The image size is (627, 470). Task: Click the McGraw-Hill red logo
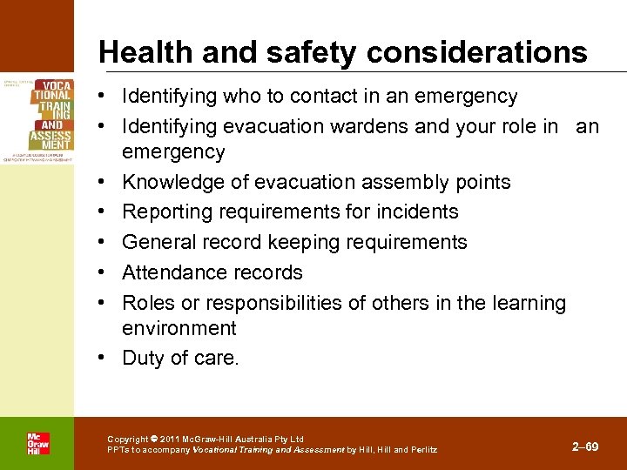tap(37, 443)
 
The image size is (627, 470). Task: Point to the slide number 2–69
tap(585, 446)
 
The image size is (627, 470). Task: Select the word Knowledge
tap(170, 182)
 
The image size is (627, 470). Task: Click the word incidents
tap(416, 211)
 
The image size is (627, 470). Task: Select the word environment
tap(179, 329)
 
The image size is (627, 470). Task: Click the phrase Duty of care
tap(180, 358)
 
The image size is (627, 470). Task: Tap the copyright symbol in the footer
tap(154, 440)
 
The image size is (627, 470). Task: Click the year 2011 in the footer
tap(172, 440)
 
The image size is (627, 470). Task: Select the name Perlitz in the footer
tap(424, 450)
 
